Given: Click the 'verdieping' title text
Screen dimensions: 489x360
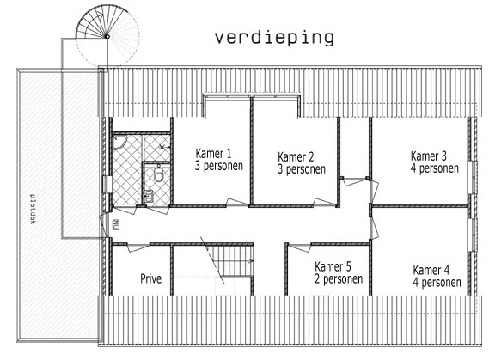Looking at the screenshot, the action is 274,38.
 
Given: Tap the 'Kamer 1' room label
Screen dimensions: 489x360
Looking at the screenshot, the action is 213,153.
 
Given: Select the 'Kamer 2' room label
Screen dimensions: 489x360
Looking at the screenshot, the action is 296,156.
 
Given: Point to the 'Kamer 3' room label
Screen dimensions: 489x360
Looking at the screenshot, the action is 429,156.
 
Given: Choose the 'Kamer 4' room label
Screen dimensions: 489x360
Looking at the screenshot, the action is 431,270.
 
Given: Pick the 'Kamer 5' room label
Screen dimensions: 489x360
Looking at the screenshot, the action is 333,266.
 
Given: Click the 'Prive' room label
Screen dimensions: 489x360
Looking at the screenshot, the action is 151,278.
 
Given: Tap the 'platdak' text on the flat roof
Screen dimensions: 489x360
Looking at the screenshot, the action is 33,209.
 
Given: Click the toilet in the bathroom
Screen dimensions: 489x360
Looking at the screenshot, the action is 158,174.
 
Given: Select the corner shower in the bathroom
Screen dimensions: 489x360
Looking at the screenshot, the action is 119,141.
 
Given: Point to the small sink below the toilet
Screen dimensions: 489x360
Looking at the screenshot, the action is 149,197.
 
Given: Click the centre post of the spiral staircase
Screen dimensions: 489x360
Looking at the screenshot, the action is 107,36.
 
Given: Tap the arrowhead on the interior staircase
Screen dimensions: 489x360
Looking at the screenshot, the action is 251,259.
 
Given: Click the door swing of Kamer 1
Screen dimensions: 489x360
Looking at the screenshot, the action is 237,202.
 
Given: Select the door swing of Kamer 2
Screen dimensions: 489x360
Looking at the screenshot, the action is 324,202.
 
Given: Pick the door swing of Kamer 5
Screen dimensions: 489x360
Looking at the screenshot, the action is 299,247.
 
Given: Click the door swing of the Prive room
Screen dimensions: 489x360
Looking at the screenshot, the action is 138,247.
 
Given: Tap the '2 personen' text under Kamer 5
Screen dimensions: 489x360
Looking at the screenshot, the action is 339,279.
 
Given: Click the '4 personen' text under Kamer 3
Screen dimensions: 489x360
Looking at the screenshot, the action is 435,168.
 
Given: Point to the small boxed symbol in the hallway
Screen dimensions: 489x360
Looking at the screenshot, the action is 116,225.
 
